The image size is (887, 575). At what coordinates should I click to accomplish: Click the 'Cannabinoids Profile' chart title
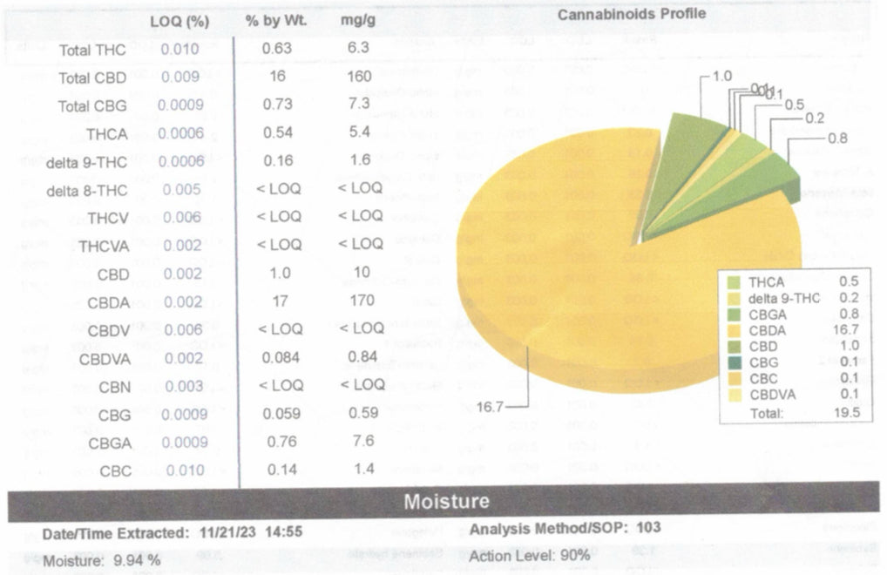(632, 14)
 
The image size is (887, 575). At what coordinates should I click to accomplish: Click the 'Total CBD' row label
(92, 78)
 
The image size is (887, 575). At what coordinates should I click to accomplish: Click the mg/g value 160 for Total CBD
(359, 76)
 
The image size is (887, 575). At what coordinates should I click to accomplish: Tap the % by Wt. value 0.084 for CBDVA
(281, 356)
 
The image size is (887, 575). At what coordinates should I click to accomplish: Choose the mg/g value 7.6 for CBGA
(359, 442)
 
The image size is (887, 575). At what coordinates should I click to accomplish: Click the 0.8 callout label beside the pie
(837, 138)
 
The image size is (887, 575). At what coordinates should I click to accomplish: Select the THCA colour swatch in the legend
(733, 281)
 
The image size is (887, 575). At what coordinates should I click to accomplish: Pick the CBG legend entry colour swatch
(733, 361)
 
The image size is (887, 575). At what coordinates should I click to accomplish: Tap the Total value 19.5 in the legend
(846, 413)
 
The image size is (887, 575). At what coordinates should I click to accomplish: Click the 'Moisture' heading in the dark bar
(447, 502)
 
